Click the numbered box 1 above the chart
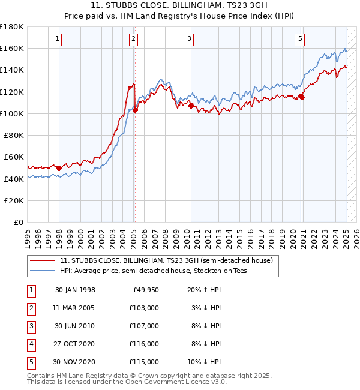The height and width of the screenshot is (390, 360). [57, 40]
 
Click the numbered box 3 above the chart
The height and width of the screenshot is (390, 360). [189, 40]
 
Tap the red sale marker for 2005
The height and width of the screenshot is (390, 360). [136, 110]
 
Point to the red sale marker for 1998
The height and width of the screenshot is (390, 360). [59, 168]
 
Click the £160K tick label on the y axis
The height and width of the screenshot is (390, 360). [12, 48]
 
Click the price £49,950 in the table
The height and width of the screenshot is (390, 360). [146, 290]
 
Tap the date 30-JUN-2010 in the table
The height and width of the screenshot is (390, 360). [75, 326]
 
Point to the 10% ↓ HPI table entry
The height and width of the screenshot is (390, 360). [205, 362]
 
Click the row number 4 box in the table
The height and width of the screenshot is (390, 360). [31, 344]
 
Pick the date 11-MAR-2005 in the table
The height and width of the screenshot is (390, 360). [75, 308]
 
